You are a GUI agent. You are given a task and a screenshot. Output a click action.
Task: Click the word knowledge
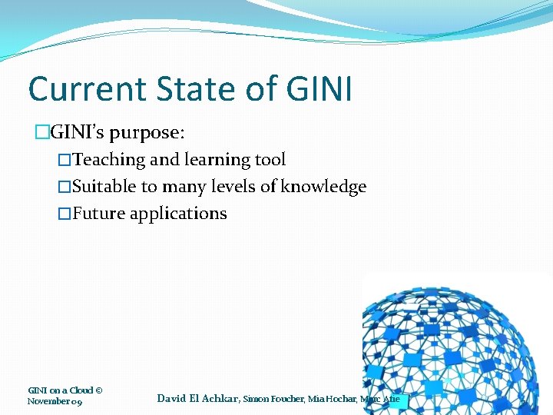[323, 187]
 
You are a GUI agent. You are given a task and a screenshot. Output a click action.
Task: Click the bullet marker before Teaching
[65, 160]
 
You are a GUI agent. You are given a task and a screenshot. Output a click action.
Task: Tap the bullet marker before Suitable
[65, 187]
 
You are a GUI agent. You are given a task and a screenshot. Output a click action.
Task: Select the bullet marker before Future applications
[65, 214]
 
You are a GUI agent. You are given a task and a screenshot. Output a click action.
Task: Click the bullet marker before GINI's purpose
[42, 132]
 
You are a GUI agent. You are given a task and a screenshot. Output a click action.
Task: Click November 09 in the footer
[55, 401]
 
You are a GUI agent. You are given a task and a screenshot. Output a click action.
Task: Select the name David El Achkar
[197, 398]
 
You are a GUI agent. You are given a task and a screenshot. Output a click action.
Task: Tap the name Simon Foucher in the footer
[273, 399]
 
